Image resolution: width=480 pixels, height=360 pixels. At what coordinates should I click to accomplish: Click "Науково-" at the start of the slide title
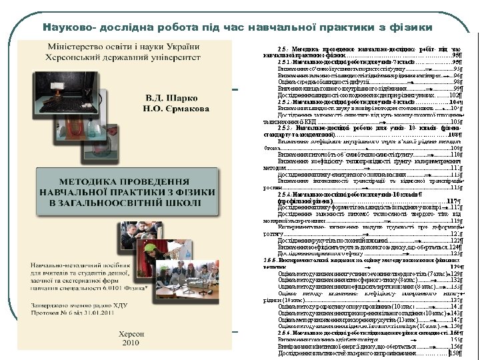pos(68,28)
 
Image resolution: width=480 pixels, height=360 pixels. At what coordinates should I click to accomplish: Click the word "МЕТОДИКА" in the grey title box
pos(89,181)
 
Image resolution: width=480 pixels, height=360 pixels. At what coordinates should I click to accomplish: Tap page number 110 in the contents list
pos(456,154)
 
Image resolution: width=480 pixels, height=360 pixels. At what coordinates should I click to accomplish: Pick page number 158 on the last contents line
pos(456,353)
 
